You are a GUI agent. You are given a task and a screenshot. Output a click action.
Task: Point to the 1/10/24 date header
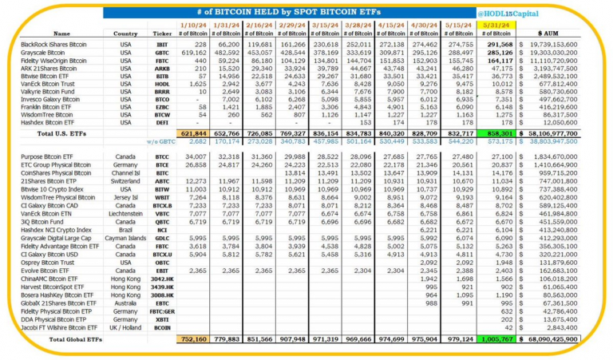pos(196,25)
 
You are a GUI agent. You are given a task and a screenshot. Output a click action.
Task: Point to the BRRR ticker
pos(163,91)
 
